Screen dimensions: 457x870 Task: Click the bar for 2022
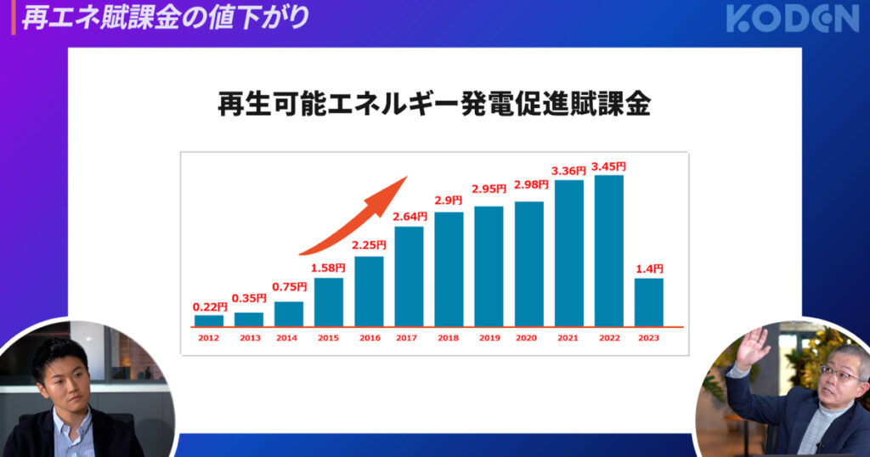point(608,251)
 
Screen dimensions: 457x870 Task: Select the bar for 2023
point(648,302)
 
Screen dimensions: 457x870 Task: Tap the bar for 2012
point(208,320)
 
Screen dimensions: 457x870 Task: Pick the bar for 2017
point(409,276)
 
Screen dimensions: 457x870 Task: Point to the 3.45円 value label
point(608,166)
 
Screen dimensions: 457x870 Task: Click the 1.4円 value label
point(648,269)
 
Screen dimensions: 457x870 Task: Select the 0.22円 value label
point(208,307)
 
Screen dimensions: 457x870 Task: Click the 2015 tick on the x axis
point(328,338)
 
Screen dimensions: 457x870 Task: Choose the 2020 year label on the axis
point(528,338)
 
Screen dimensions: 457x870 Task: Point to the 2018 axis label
point(449,338)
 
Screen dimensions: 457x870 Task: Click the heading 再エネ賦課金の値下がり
point(165,18)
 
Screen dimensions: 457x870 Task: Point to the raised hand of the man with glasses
point(752,347)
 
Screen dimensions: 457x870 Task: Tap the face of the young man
point(64,374)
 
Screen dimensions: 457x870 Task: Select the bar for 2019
point(489,266)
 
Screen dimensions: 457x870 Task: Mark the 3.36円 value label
point(568,172)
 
